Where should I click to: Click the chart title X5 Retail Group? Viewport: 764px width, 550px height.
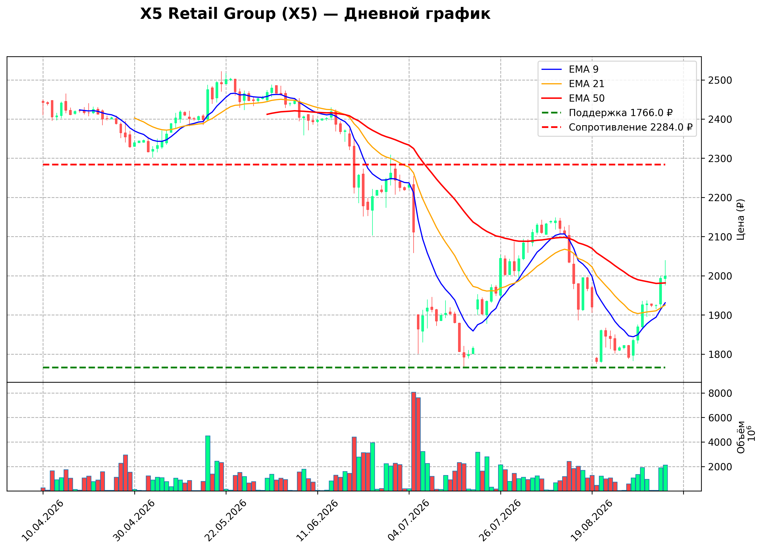(315, 14)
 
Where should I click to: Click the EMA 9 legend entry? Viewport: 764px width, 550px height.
(570, 69)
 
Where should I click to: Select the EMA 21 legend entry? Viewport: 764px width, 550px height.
(573, 84)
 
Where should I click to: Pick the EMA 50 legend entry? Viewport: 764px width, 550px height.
(573, 98)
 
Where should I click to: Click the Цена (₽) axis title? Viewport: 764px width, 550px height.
(740, 219)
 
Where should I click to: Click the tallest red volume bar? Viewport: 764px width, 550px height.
(414, 442)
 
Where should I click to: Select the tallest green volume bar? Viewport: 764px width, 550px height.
(208, 463)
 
